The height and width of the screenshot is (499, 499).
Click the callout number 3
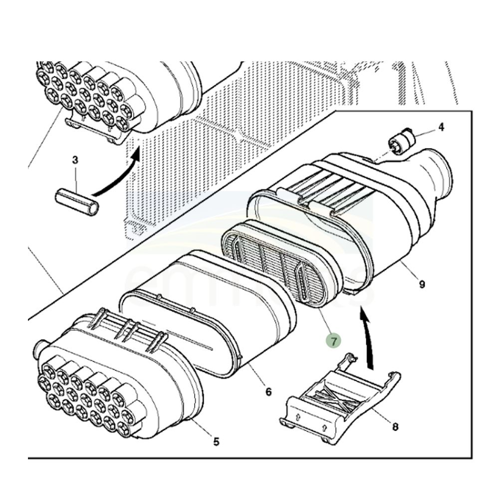[x=75, y=160]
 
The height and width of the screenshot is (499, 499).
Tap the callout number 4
[x=441, y=127]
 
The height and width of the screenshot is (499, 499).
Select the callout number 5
[x=216, y=441]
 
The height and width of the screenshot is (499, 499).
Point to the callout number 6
[x=268, y=392]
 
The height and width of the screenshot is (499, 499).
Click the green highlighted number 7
[x=333, y=341]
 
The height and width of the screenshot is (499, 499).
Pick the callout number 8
[x=395, y=427]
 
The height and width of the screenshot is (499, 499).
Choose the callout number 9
[x=422, y=284]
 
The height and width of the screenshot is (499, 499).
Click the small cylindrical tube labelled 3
[x=76, y=203]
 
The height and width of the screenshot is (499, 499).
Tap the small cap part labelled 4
[x=402, y=141]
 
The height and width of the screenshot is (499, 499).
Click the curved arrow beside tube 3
[x=117, y=175]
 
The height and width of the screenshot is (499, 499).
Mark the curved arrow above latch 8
[x=368, y=339]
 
